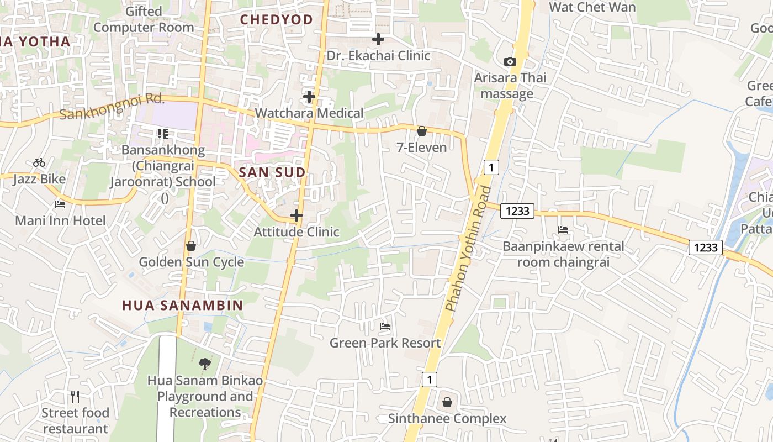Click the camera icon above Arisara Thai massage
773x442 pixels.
510,61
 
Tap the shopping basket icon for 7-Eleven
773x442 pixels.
422,131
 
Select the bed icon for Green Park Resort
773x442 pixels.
385,327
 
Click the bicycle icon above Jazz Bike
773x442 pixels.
39,162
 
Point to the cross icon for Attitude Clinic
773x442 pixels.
297,215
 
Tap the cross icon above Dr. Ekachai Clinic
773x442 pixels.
378,39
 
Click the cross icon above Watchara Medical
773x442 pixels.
309,97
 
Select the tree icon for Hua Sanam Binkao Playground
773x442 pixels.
205,364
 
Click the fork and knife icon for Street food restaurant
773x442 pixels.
75,396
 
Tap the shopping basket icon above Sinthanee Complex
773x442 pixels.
447,402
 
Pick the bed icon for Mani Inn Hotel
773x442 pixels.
60,204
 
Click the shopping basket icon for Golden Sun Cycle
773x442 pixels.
191,245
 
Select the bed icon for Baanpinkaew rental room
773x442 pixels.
563,229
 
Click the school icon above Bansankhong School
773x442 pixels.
162,133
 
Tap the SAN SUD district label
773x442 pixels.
272,172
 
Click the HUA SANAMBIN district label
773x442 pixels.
182,305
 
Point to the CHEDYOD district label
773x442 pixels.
276,19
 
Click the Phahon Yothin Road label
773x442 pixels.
469,249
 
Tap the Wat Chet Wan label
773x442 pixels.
592,7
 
